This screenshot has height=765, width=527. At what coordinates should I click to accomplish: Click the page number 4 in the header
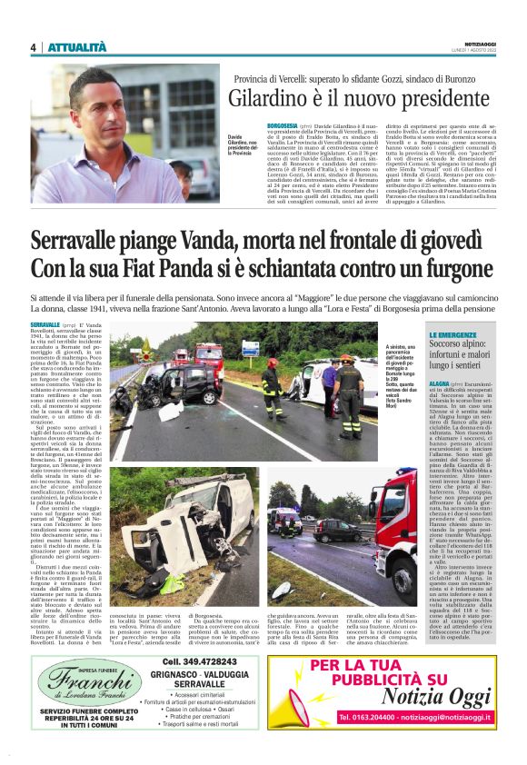coord(33,47)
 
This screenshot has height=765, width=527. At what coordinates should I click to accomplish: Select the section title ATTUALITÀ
coord(76,47)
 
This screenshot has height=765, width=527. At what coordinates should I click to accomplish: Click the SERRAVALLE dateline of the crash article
coord(45,324)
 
